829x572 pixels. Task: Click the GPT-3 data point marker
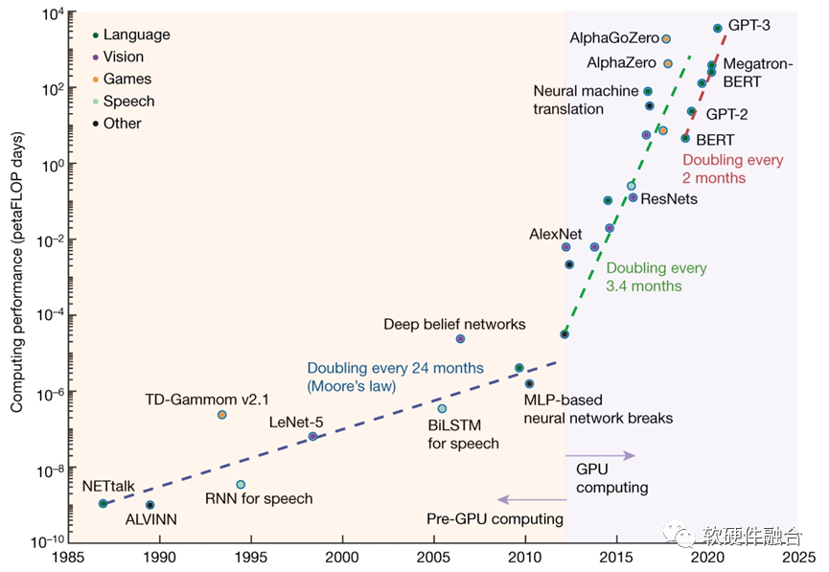[718, 29]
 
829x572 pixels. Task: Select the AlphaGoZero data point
[666, 39]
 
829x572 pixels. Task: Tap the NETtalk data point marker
[104, 503]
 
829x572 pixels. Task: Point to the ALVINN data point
[150, 505]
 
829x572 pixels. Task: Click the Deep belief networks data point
[460, 338]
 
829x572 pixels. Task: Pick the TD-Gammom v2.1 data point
[222, 415]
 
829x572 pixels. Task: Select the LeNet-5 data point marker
[312, 437]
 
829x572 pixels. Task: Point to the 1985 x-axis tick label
[66, 556]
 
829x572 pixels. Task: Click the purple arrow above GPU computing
[600, 455]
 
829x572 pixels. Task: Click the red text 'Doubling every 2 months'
[732, 169]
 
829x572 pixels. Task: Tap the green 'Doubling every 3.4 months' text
[656, 277]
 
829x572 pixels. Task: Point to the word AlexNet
[556, 234]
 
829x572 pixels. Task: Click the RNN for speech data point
[241, 485]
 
